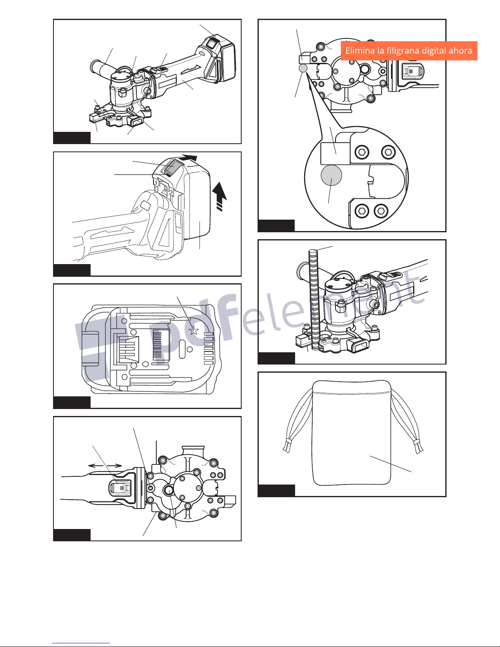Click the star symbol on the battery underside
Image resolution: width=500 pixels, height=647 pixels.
click(x=194, y=330)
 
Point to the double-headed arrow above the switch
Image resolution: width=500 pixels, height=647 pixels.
click(x=105, y=466)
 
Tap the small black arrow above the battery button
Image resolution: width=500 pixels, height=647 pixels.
click(x=189, y=158)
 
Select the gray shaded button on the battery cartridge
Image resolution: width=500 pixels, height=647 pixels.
click(x=170, y=167)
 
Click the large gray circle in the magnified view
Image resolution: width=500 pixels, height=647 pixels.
click(x=331, y=176)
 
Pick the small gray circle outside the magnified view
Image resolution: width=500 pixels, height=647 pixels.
click(x=303, y=68)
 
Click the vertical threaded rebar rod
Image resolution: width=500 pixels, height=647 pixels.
click(x=314, y=300)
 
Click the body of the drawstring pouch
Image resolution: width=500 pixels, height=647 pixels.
click(x=351, y=433)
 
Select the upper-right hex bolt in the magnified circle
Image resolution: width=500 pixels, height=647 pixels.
click(x=388, y=152)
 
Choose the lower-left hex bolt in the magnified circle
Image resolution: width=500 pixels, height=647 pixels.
click(x=362, y=211)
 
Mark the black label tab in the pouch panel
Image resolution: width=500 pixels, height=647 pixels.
click(x=276, y=491)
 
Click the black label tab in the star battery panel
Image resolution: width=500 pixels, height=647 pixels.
click(x=72, y=402)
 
